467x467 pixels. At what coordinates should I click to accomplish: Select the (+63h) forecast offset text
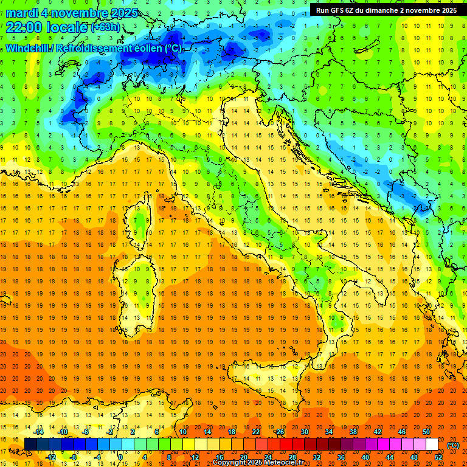pyautogui.click(x=105, y=27)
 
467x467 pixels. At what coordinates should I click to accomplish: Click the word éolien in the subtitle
pyautogui.click(x=151, y=48)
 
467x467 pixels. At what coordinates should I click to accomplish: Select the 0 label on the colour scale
pyautogui.click(x=120, y=457)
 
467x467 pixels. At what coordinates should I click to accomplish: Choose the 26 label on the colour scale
pyautogui.click(x=280, y=432)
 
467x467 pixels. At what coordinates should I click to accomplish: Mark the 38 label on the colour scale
pyautogui.click(x=353, y=432)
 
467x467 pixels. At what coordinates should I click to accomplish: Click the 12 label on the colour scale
pyautogui.click(x=195, y=457)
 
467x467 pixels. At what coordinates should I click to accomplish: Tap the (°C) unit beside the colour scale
pyautogui.click(x=453, y=445)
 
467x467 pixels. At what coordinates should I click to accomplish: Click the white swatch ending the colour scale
pyautogui.click(x=432, y=445)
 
